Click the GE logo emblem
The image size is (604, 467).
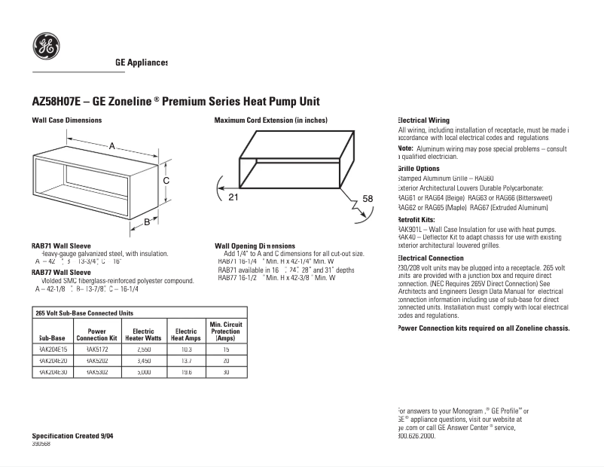click(x=47, y=47)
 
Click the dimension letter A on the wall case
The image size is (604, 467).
click(x=112, y=145)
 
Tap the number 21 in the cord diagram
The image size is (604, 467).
click(x=233, y=197)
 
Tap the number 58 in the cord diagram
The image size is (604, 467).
click(x=368, y=198)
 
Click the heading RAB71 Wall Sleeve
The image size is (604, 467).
click(x=61, y=246)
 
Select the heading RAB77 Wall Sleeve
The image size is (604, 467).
click(x=61, y=272)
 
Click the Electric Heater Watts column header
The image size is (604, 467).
click(x=143, y=334)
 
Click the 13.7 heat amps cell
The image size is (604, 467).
click(x=185, y=361)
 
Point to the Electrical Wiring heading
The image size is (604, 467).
click(x=423, y=121)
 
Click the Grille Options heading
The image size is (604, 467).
click(x=418, y=169)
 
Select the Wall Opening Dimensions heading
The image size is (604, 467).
click(x=255, y=246)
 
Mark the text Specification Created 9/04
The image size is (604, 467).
click(x=73, y=436)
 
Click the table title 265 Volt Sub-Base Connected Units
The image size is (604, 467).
click(x=84, y=313)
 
